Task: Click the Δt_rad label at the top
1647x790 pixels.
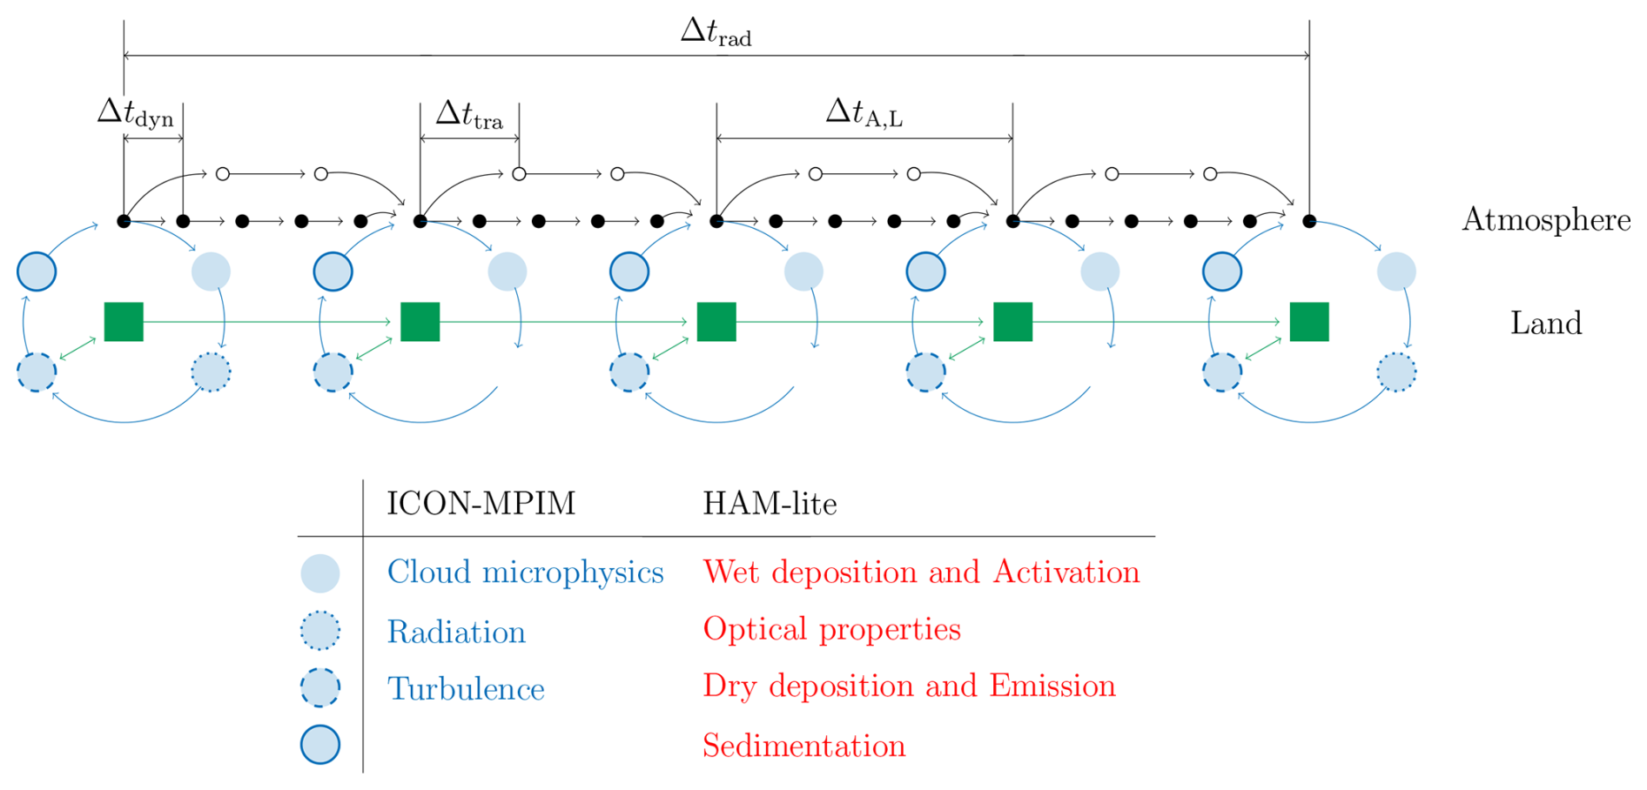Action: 716,32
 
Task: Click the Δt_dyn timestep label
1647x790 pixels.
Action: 135,113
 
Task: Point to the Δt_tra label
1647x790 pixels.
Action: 469,115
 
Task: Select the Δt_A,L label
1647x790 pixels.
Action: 864,113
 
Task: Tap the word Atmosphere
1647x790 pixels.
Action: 1546,220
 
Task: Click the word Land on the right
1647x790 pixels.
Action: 1546,324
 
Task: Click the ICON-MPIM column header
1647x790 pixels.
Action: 481,504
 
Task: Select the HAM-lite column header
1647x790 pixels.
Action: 770,504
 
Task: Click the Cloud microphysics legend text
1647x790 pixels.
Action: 525,572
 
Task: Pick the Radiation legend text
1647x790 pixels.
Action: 456,632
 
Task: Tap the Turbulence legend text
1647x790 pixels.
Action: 466,689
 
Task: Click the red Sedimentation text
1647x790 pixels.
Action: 803,746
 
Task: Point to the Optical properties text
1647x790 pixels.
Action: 831,629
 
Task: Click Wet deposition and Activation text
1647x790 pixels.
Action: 921,572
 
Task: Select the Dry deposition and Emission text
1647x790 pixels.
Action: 909,686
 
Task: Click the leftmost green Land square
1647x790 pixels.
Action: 124,322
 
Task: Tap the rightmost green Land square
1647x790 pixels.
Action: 1309,322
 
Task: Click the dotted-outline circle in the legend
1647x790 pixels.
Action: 320,631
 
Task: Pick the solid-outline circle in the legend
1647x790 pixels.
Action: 320,745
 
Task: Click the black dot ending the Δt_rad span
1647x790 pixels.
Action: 1309,221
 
